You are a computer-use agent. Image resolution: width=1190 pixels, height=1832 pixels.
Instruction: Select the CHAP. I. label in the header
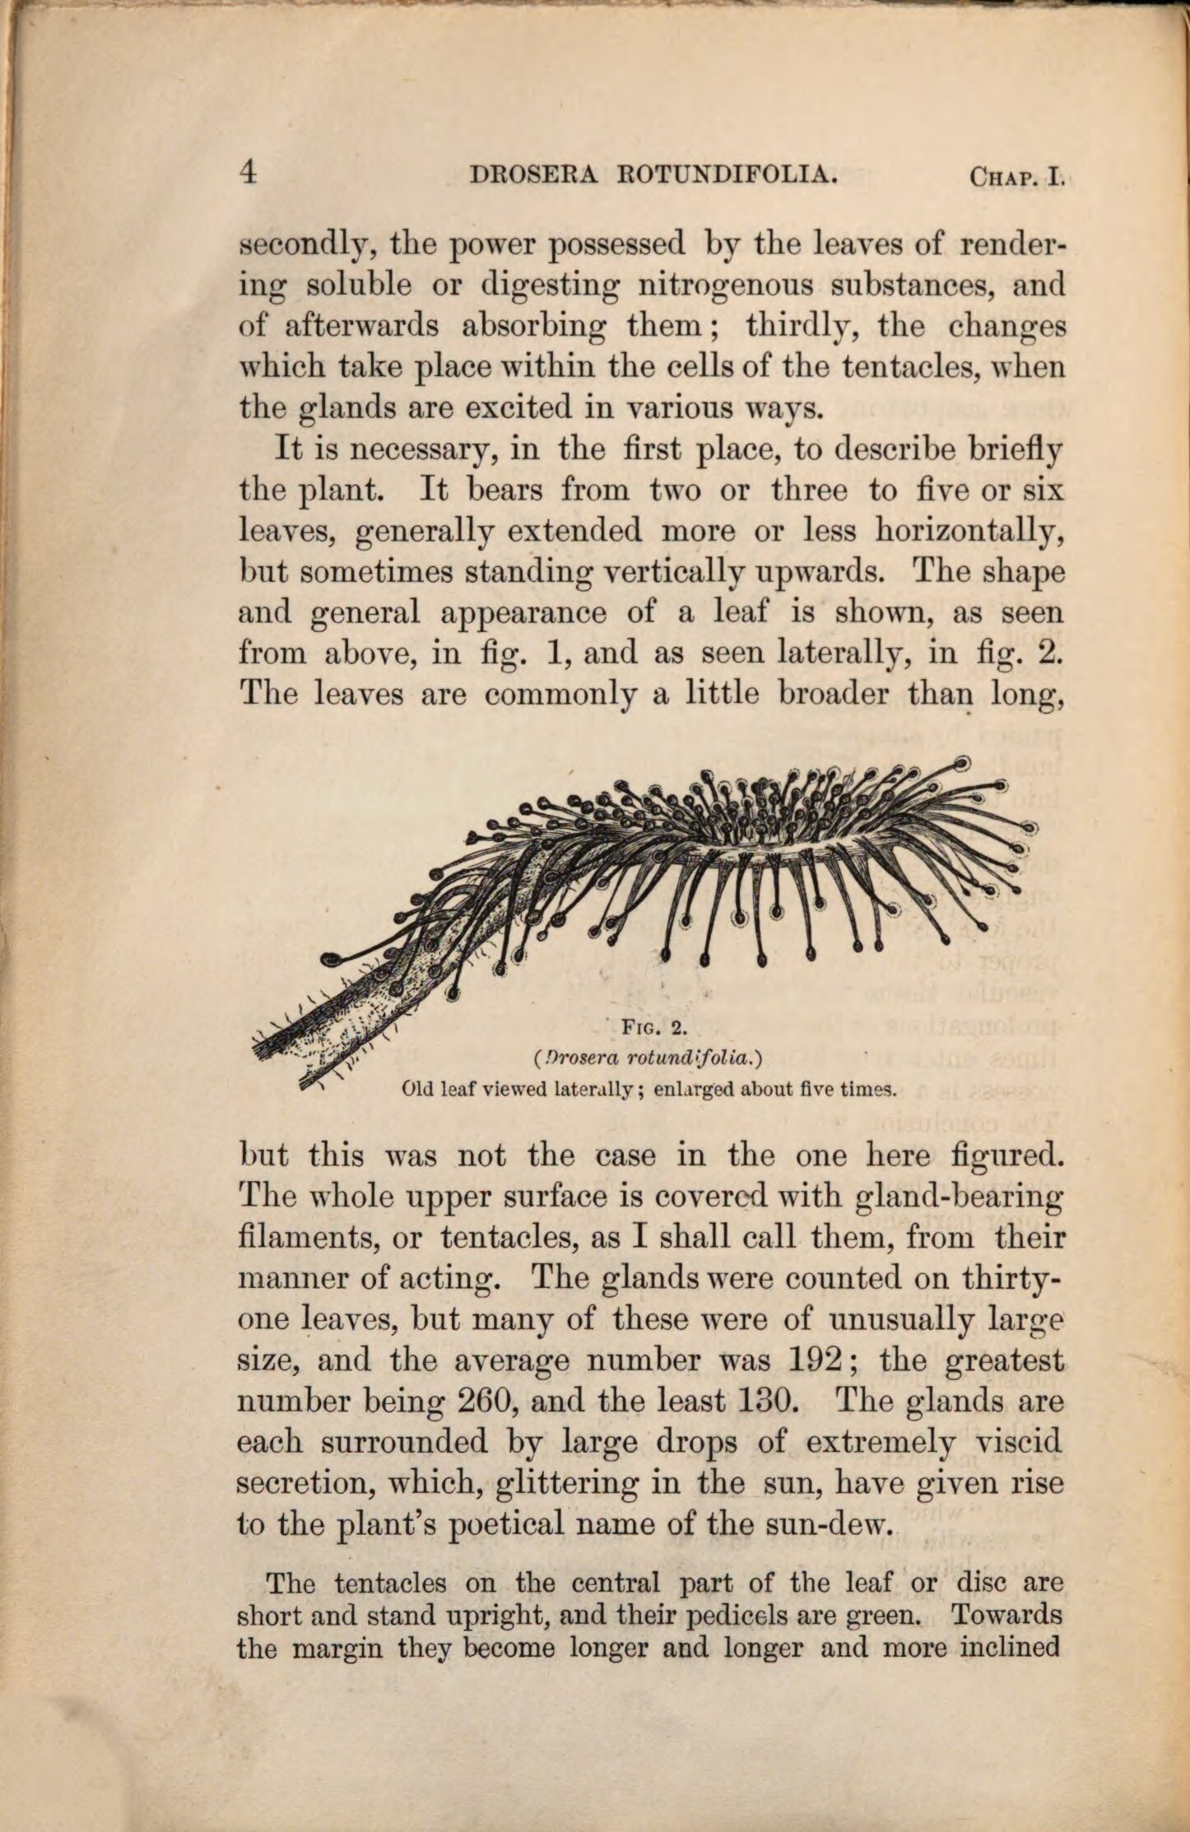[1016, 176]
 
